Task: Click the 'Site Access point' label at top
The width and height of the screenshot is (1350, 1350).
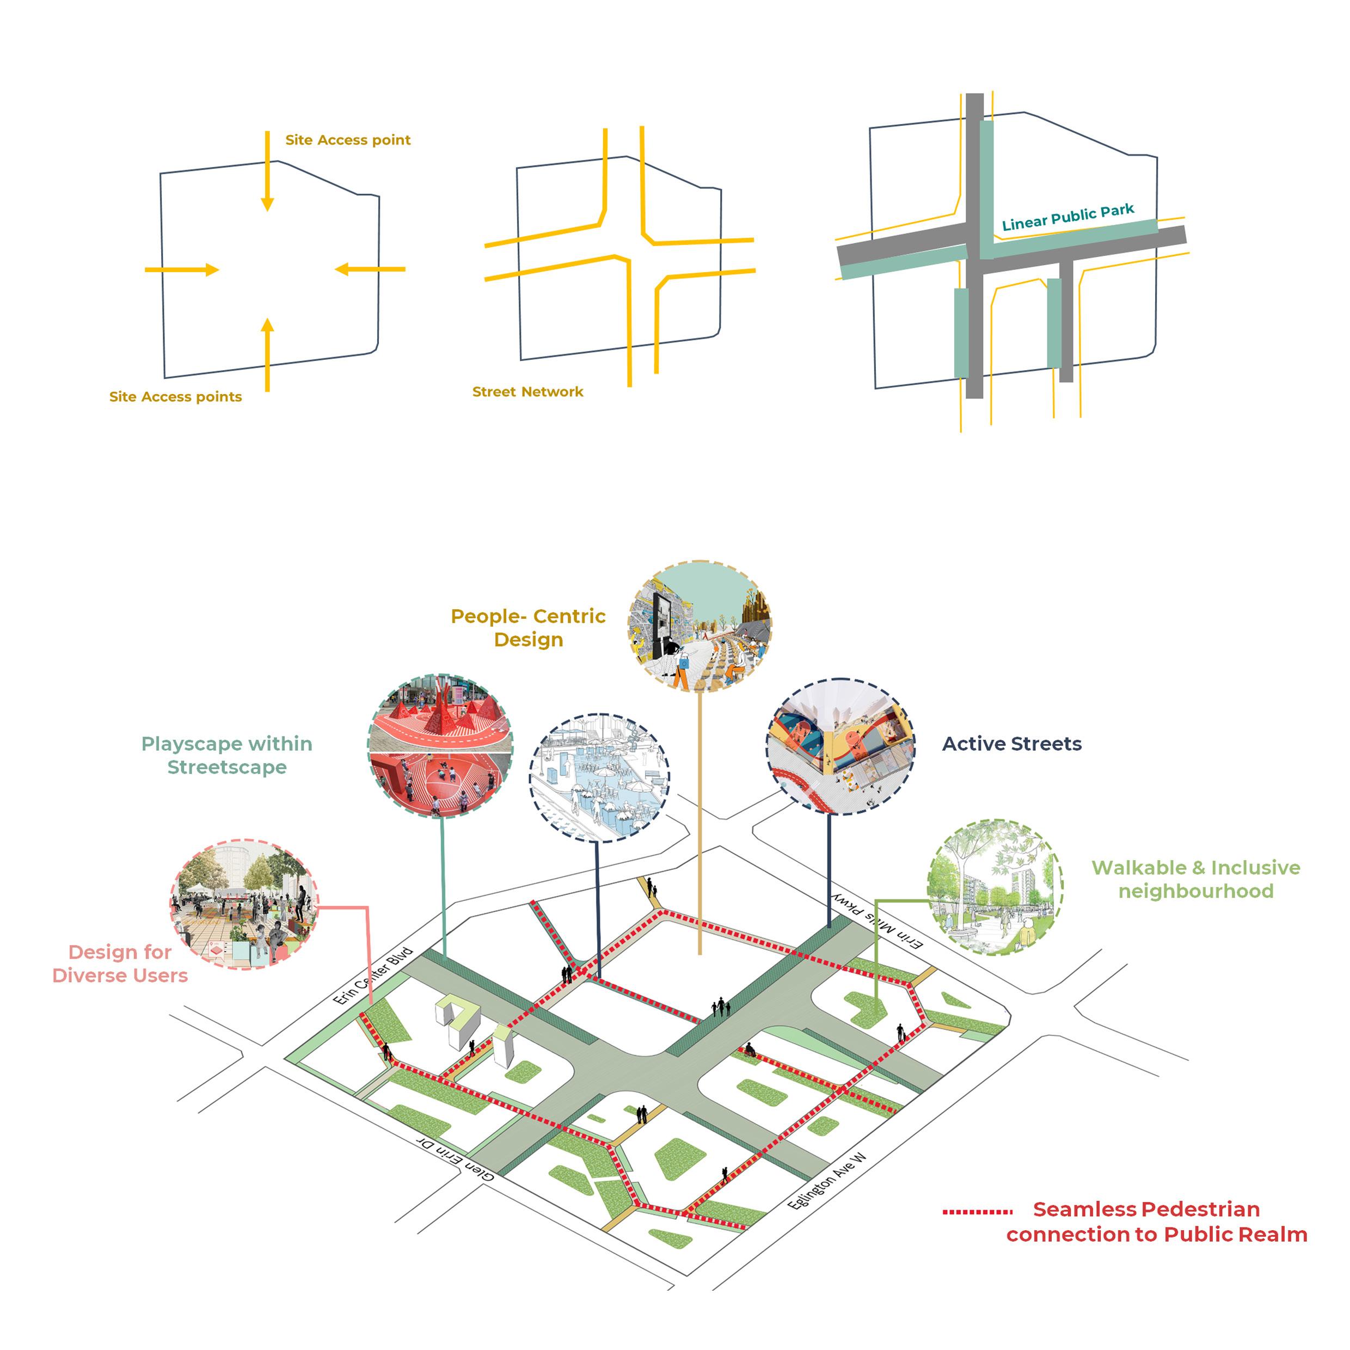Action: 347,140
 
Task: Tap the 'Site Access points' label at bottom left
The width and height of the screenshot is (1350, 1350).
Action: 175,397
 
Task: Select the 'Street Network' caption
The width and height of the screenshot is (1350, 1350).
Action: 527,392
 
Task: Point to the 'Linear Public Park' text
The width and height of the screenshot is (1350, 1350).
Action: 1067,217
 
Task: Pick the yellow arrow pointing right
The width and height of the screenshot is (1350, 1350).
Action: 182,269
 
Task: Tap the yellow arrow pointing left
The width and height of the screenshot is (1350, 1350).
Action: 370,269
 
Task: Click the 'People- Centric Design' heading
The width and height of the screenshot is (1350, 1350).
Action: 528,628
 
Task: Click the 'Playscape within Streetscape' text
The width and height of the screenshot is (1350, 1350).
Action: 227,756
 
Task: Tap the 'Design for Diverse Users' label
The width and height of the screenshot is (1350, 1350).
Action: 120,964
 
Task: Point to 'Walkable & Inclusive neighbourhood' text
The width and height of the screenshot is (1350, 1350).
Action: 1195,879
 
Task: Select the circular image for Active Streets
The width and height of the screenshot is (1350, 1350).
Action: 840,746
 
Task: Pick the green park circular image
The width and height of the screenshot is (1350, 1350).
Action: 995,887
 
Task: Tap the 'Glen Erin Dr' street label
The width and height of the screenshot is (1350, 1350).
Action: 456,1158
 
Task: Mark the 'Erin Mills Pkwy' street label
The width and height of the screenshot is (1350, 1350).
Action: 877,921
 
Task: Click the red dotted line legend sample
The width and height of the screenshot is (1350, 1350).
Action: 977,1212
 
